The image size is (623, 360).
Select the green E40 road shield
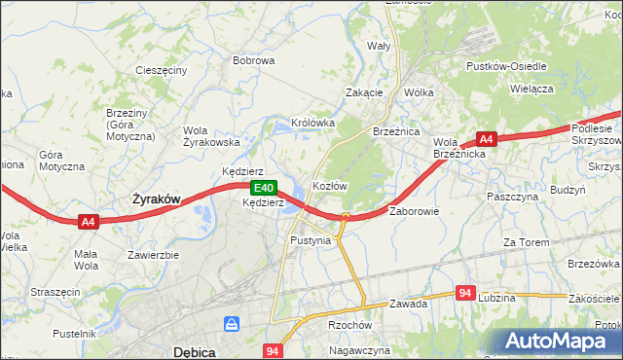click(262, 188)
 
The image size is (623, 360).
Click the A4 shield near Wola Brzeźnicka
click(488, 139)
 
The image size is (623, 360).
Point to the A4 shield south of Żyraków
click(89, 222)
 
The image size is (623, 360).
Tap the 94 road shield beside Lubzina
click(464, 293)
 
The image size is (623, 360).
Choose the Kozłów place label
click(329, 185)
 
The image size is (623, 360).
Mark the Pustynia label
click(311, 239)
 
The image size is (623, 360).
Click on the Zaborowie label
click(415, 210)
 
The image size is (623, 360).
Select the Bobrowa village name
click(253, 60)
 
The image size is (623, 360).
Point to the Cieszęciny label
click(162, 71)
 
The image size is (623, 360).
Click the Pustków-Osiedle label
click(506, 66)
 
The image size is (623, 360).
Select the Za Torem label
click(527, 241)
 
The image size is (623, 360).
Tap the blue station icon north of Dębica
click(233, 323)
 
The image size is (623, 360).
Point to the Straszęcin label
click(54, 291)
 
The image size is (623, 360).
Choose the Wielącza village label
click(531, 88)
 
